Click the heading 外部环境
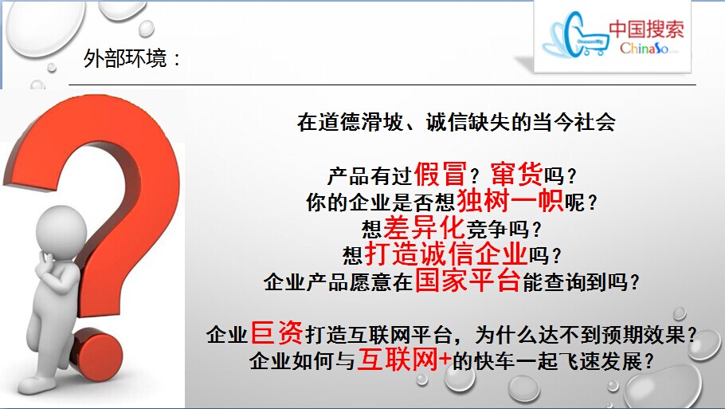point(125,59)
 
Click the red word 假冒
point(440,174)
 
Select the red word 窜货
point(516,174)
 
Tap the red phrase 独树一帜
point(510,201)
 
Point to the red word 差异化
point(424,227)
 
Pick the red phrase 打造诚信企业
point(446,254)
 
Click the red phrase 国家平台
point(468,281)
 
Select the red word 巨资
point(276,333)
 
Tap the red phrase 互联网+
point(404,360)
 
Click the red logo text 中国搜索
point(646,29)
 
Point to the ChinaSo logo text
point(644,48)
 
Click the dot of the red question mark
point(96,353)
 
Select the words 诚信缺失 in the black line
point(467,122)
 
